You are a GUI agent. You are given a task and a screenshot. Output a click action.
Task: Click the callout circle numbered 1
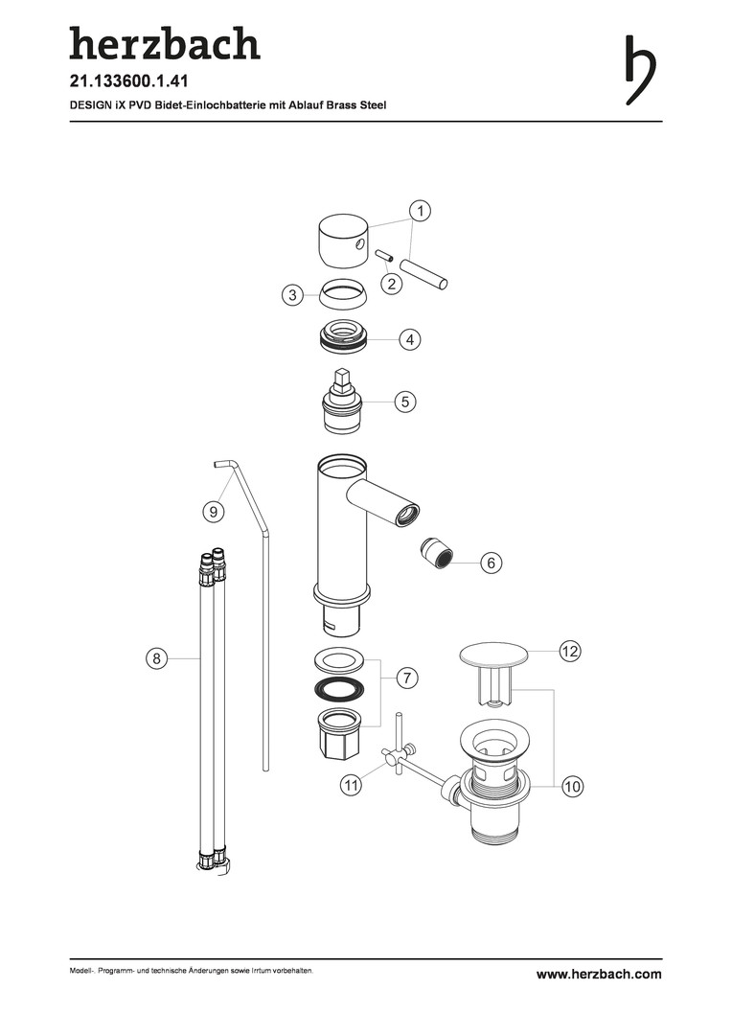420,211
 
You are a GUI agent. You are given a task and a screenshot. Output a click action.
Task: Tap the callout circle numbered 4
410,340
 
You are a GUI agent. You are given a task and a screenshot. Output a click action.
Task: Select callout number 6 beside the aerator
491,563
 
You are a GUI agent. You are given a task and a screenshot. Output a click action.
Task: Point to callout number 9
213,512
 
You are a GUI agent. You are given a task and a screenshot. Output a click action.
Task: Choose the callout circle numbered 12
569,652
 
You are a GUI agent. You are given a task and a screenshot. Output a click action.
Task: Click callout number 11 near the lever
351,786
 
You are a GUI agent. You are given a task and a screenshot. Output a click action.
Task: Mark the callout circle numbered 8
156,658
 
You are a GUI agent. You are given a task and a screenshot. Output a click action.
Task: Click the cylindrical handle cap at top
343,241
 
